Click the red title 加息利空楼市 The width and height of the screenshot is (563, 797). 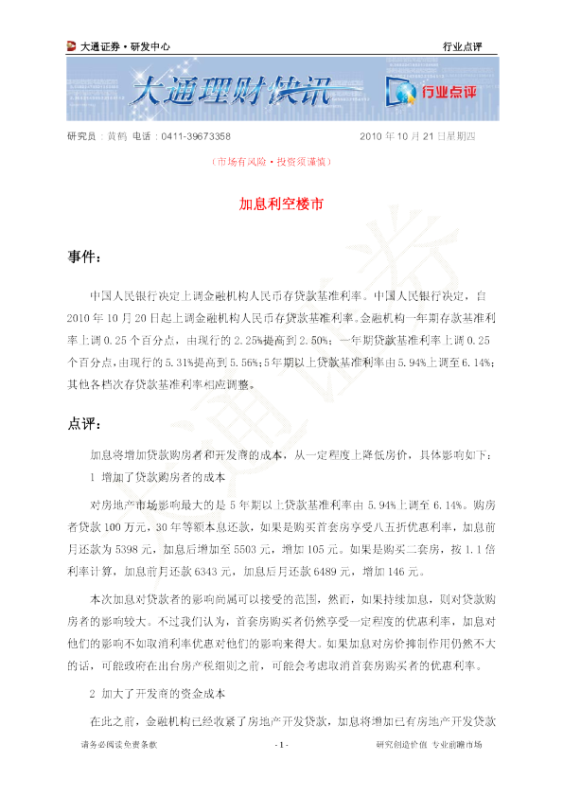point(281,204)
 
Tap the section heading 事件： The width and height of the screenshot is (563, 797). point(84,257)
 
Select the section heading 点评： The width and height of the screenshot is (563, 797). point(84,423)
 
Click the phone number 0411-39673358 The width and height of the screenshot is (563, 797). point(196,136)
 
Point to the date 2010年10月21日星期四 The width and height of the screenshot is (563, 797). point(417,136)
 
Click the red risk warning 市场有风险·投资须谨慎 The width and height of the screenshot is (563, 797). point(272,162)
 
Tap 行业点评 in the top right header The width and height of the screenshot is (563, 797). point(462,46)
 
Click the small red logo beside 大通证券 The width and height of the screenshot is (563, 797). point(72,46)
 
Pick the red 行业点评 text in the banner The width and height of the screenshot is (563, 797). point(449,92)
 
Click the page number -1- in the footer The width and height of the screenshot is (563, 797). point(281,745)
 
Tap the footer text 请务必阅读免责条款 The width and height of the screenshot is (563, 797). point(119,745)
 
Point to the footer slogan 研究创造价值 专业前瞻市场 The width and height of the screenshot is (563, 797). point(429,745)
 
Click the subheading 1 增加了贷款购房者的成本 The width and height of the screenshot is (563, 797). point(157,477)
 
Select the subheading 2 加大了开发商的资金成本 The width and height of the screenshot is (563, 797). point(157,694)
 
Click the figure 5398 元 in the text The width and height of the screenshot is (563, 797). point(134,549)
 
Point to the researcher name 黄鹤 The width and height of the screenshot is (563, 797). point(117,136)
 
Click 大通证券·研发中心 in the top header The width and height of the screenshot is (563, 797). point(126,46)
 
